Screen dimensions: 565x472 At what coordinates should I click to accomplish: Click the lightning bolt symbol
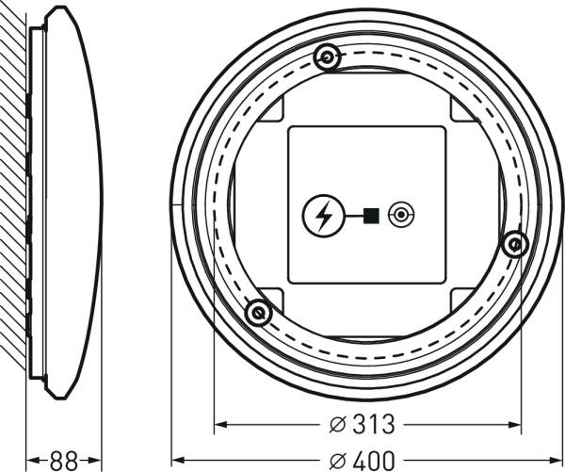(324, 216)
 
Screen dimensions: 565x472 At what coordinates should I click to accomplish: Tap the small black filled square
(371, 216)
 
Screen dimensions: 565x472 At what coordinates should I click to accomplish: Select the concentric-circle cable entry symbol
(401, 216)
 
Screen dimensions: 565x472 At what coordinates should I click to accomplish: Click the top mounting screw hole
(327, 57)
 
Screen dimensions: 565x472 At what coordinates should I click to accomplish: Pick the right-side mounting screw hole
(515, 245)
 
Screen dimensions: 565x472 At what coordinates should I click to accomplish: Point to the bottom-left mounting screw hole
(258, 313)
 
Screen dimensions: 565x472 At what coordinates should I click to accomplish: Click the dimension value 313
(374, 424)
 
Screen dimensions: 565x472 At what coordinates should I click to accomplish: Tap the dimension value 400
(374, 460)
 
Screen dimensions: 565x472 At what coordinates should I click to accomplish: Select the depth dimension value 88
(64, 461)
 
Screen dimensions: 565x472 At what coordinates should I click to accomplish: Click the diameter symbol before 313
(338, 425)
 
